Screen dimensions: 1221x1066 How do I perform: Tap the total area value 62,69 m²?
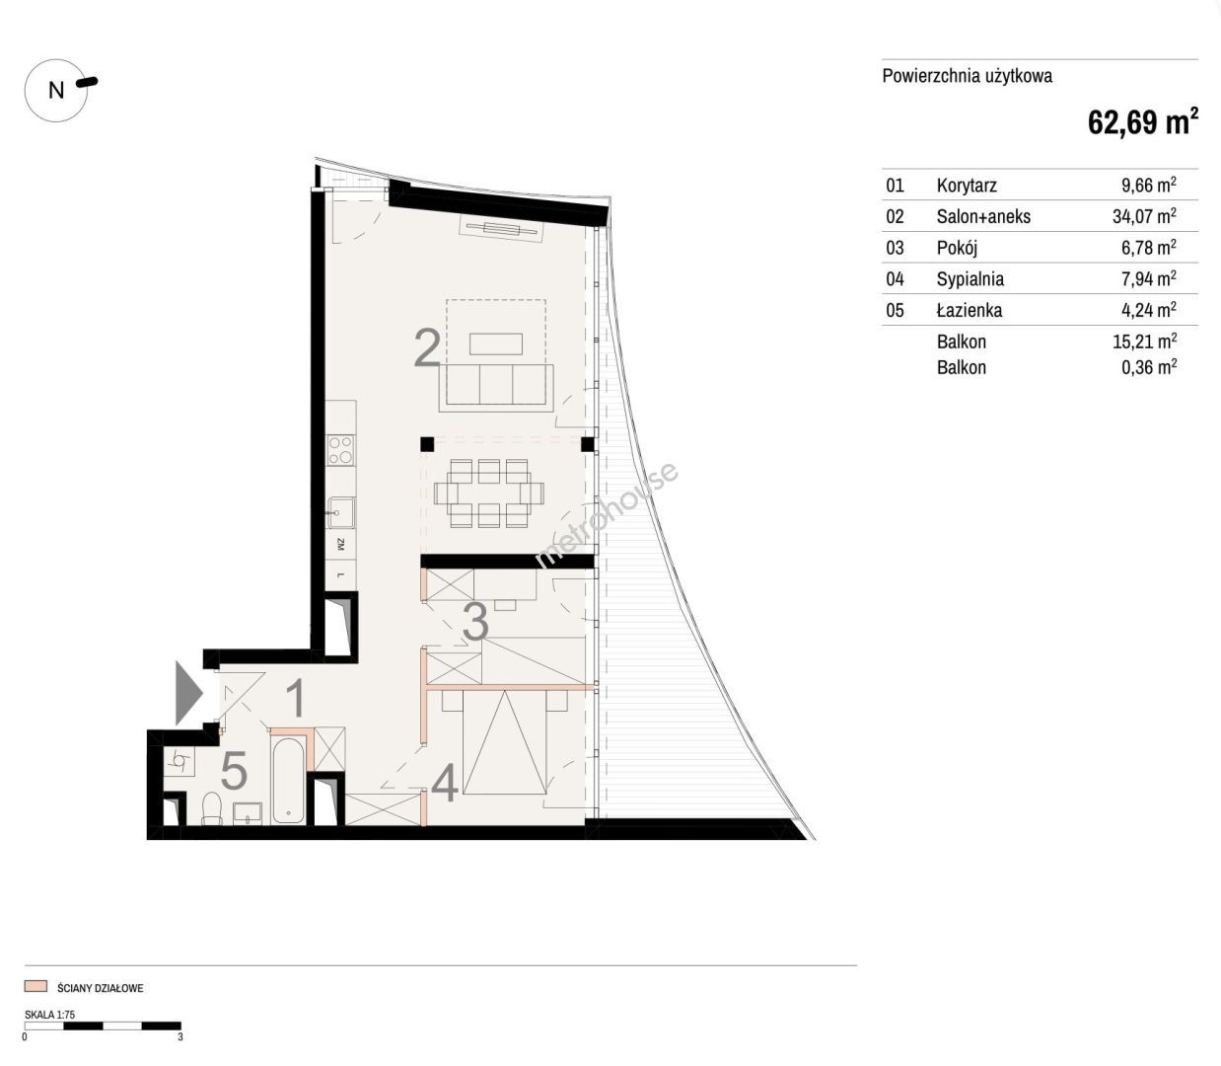[1143, 121]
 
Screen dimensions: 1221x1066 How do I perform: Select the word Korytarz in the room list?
[967, 186]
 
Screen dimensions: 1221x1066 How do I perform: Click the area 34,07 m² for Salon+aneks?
[1144, 215]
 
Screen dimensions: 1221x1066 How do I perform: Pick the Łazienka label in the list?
[970, 310]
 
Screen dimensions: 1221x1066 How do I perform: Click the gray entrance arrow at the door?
[189, 693]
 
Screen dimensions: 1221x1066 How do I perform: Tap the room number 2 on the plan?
[427, 347]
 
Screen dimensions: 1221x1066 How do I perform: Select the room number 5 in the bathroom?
[234, 771]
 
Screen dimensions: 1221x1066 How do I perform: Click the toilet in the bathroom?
[212, 808]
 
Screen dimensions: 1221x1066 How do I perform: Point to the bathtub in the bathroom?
[289, 781]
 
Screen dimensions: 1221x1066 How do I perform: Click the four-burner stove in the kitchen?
[341, 450]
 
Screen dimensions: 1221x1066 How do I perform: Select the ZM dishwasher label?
[341, 544]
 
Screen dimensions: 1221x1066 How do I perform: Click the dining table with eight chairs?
[489, 494]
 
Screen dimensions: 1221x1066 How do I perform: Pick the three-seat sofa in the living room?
[496, 388]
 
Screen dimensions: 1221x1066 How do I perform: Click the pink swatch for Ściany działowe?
[36, 986]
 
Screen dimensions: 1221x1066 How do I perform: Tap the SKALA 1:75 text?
[49, 1014]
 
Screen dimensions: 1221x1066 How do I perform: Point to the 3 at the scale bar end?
[180, 1036]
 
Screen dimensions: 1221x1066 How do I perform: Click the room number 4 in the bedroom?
[445, 784]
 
